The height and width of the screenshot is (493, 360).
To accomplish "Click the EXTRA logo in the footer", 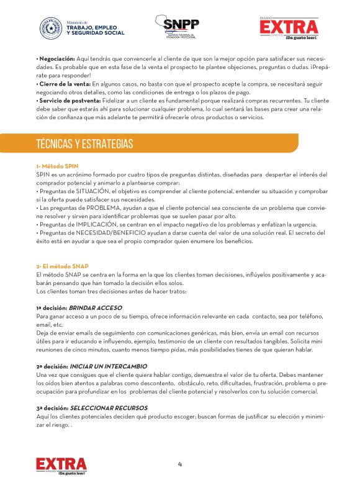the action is pos(61,465).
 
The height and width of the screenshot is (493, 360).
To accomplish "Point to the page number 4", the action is pos(180,464).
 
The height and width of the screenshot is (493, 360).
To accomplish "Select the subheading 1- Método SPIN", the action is pos(58,166).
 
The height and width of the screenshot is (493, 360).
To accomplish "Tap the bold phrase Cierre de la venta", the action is pos(64,83).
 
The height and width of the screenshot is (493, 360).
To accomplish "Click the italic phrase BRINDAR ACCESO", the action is pos(95,308).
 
